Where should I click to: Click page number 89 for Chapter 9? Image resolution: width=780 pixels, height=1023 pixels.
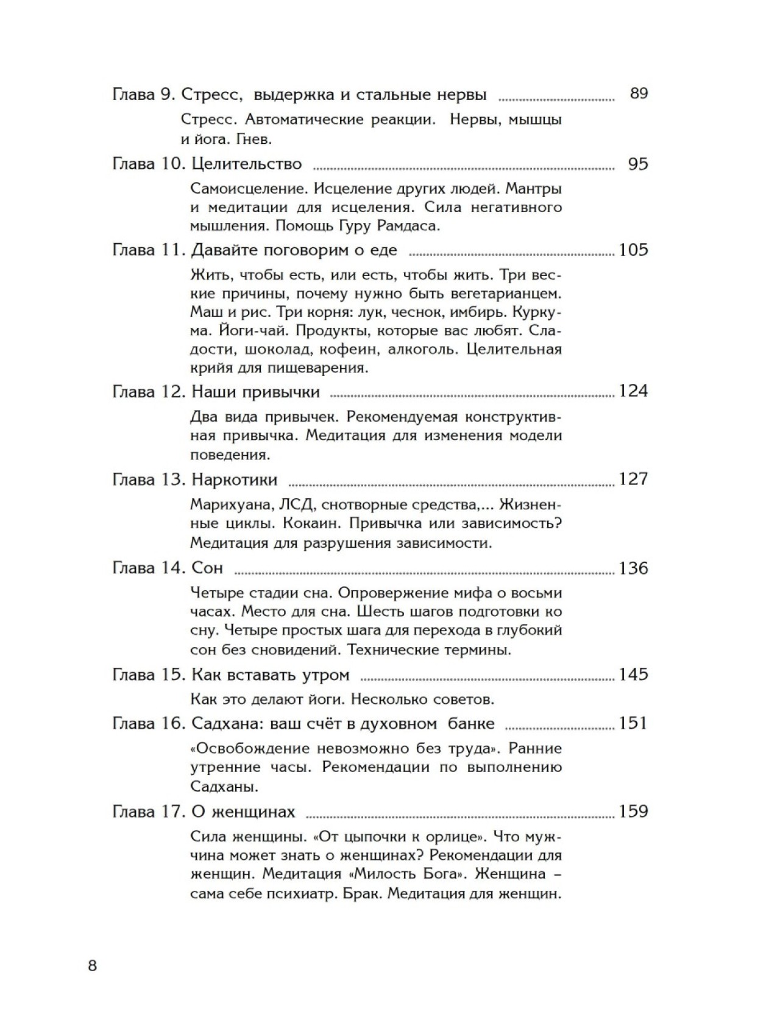click(639, 94)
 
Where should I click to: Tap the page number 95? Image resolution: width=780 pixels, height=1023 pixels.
click(638, 164)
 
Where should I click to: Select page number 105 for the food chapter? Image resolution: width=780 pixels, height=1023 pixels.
click(633, 250)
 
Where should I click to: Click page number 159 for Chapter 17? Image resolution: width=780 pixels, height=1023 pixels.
click(633, 812)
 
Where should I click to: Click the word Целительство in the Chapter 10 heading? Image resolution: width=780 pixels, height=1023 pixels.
click(246, 164)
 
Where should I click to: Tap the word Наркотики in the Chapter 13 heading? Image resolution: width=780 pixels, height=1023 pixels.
click(234, 480)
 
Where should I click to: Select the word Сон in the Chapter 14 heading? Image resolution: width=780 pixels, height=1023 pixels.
click(207, 568)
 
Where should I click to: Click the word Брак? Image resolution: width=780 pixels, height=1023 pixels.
click(366, 894)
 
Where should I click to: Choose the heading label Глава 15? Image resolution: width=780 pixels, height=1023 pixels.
click(148, 674)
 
